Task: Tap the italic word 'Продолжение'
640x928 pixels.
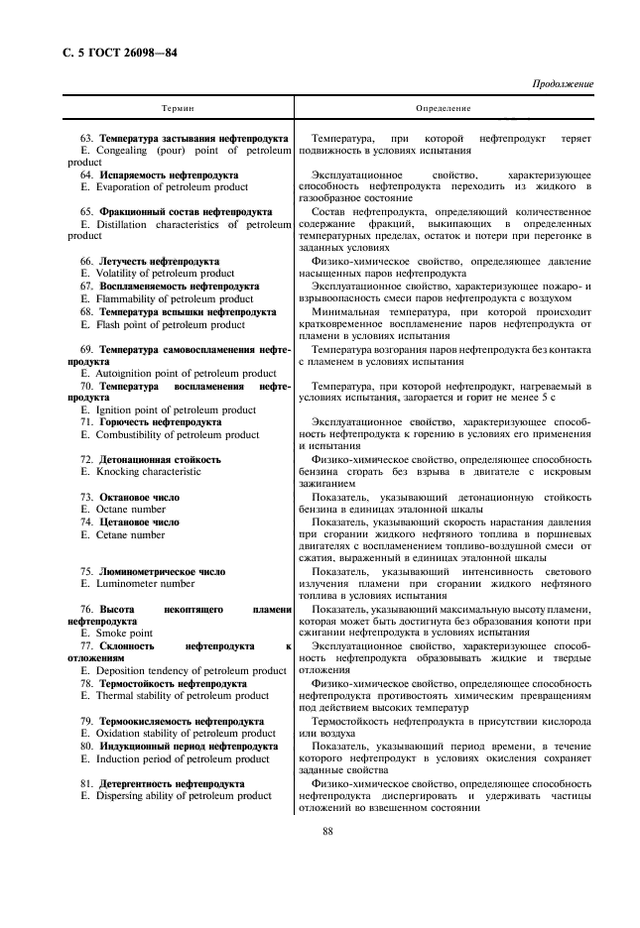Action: pyautogui.click(x=562, y=84)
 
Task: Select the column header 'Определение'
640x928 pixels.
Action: pyautogui.click(x=444, y=108)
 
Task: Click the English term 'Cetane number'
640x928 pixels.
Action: pyautogui.click(x=130, y=534)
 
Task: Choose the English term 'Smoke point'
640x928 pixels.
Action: pyautogui.click(x=124, y=633)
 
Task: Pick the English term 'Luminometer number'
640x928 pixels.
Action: pyautogui.click(x=138, y=584)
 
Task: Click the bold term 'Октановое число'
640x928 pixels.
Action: pyautogui.click(x=139, y=497)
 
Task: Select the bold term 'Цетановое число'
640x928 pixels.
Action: pyautogui.click(x=139, y=522)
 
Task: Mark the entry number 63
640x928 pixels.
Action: pyautogui.click(x=86, y=138)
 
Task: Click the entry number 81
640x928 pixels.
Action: pyautogui.click(x=86, y=783)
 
